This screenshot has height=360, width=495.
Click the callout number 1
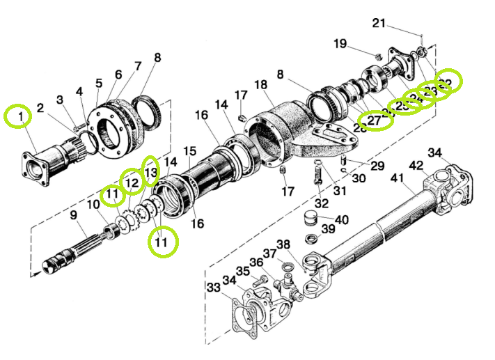point(21,114)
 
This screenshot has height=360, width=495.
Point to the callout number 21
point(379,23)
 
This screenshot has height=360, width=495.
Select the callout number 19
point(340,44)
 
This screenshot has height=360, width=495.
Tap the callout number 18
point(260,85)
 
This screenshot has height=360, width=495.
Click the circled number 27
point(375,120)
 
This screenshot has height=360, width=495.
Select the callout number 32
point(321,203)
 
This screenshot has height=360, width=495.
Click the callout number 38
point(283,244)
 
